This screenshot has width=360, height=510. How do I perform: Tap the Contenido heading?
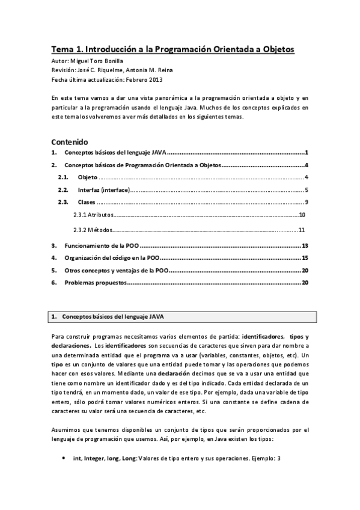coord(70,142)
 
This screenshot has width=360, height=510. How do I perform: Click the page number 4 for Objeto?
coord(306,177)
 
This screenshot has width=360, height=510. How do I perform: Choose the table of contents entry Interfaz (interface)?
coord(103,189)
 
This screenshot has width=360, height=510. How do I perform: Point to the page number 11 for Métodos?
coord(302,229)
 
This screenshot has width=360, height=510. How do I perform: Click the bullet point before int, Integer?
coord(64,458)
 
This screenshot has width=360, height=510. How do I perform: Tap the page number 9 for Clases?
coord(306,202)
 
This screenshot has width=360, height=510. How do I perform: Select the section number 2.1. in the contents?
coord(63,177)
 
